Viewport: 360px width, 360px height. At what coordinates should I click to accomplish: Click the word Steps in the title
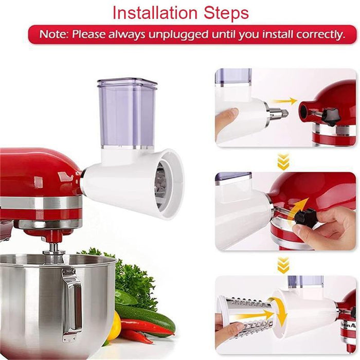coord(225,12)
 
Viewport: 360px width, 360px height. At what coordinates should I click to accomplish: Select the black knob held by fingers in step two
coord(305,217)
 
